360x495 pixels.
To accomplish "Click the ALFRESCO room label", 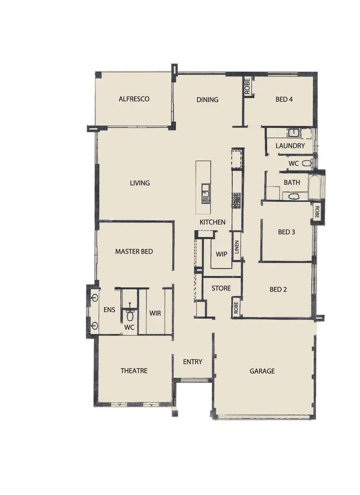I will [134, 99].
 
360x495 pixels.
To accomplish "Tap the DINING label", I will [207, 100].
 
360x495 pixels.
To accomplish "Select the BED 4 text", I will [284, 100].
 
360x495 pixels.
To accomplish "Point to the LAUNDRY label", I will [290, 145].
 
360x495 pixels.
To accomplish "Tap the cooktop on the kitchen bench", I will [236, 200].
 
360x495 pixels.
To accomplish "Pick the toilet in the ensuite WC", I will [130, 314].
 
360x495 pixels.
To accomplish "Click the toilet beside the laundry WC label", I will [307, 163].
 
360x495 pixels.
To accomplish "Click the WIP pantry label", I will [221, 254].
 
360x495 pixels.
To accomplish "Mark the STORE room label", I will [221, 289].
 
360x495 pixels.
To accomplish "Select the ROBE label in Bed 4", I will [247, 87].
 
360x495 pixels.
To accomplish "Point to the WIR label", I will [155, 313].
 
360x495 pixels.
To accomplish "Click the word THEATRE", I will [134, 371].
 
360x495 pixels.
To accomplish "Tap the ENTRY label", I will [192, 362].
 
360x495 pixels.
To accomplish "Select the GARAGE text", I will [262, 371].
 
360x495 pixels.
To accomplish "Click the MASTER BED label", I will [134, 252].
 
